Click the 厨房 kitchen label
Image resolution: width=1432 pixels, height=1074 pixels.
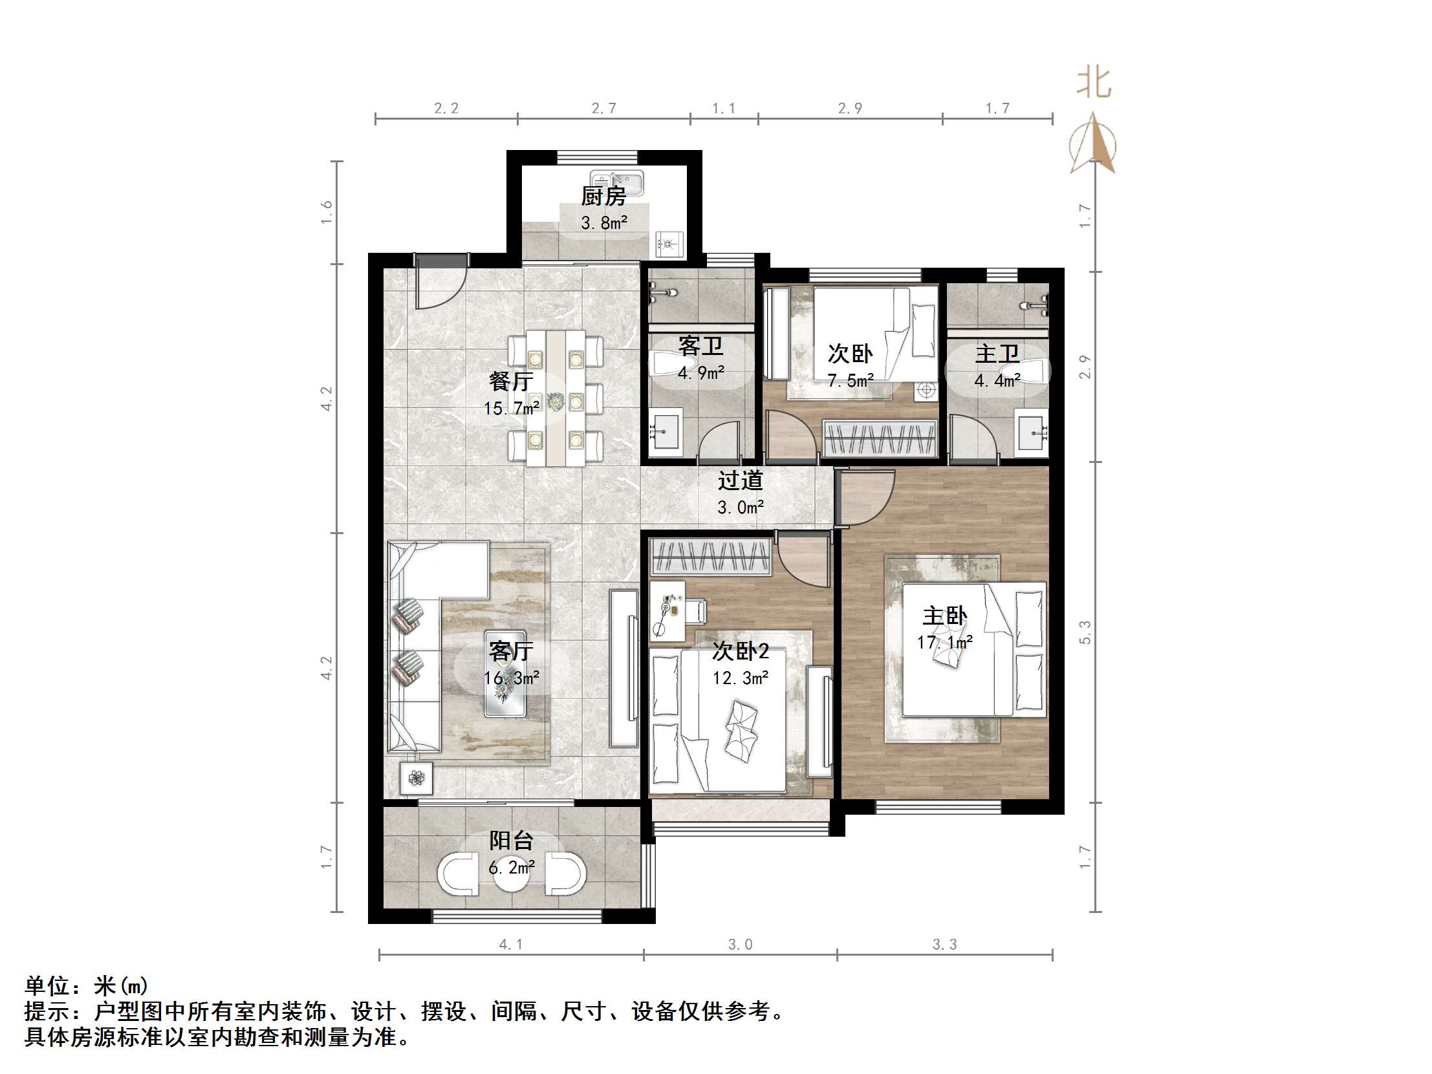(x=603, y=196)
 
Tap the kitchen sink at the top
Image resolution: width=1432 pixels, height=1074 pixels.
(x=616, y=182)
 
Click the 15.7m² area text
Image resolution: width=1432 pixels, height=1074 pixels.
(x=511, y=409)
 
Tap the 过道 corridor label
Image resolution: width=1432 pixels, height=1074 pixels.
(x=740, y=481)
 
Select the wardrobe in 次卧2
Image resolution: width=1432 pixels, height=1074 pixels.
(x=711, y=557)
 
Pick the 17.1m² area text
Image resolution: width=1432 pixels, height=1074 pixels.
(x=944, y=642)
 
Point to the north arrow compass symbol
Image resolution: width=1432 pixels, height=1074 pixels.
(x=1093, y=145)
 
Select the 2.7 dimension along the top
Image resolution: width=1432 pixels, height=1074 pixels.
(x=603, y=108)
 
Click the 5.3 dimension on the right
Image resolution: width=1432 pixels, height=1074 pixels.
(x=1086, y=632)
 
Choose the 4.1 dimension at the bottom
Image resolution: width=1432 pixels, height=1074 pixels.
(x=511, y=945)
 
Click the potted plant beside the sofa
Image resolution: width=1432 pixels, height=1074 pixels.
(x=417, y=779)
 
